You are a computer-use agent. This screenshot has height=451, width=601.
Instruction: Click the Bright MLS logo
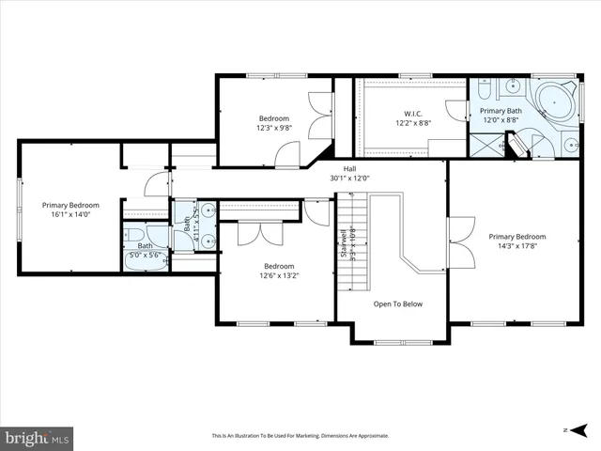coord(37,437)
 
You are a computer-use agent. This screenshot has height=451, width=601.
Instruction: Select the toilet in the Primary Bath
coord(480,91)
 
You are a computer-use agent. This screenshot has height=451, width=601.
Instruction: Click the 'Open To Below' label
coord(398,303)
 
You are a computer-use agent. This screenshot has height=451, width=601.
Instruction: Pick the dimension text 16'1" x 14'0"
coord(70,214)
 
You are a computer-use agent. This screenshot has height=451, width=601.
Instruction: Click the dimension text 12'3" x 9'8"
coord(275,128)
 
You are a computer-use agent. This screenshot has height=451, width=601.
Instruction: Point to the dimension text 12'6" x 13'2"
coord(279,275)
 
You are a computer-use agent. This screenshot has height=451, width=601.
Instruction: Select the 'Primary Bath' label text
coord(501,110)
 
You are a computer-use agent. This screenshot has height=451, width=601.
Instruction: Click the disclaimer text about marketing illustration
coord(300,435)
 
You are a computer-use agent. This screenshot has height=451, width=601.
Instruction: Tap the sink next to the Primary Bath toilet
coord(513,87)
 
